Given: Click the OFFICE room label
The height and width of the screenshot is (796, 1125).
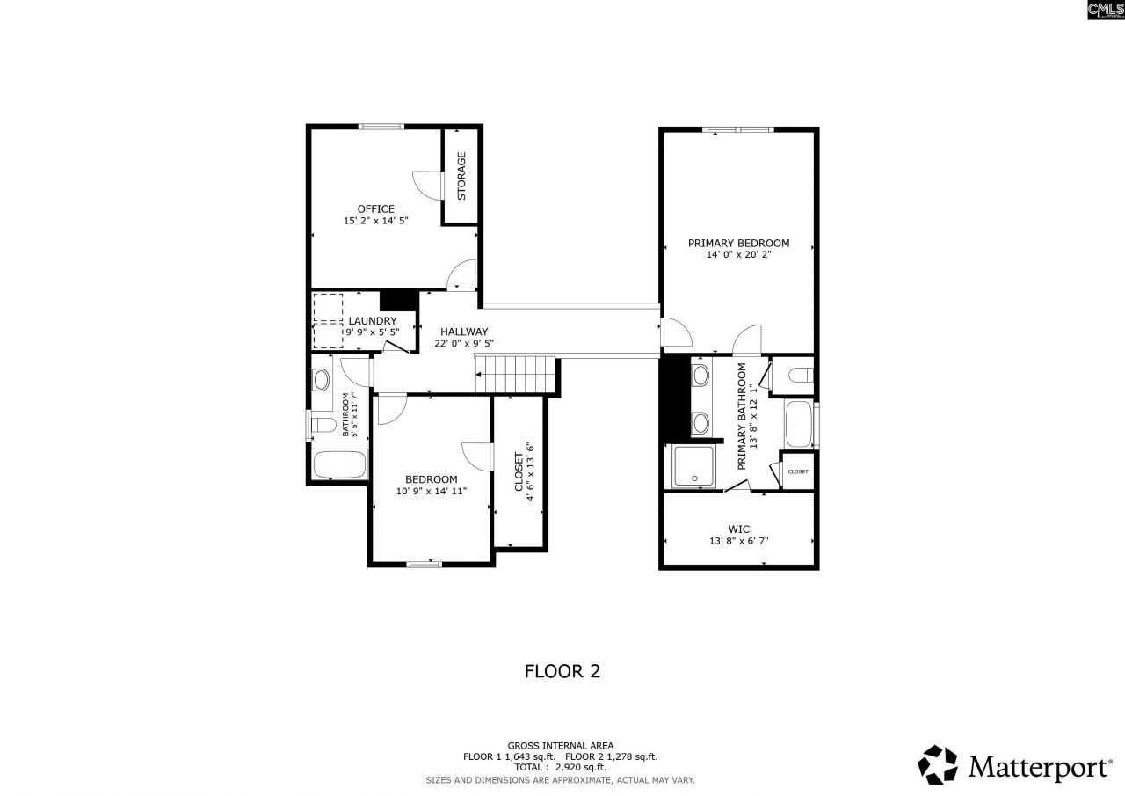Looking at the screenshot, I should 375,208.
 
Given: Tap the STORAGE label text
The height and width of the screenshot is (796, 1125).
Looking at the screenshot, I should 461,175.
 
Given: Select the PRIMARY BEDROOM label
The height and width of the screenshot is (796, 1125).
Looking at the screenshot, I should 738,243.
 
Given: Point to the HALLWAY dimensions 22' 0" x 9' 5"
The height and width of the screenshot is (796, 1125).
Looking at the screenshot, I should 464,344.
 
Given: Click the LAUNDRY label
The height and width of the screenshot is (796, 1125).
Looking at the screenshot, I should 372,321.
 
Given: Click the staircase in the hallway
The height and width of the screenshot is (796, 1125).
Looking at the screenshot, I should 516,375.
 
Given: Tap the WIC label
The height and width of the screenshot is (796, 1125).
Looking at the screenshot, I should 738,529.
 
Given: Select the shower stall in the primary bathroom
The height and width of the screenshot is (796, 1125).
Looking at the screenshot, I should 694,466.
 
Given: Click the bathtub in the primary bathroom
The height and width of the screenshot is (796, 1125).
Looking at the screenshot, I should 800,425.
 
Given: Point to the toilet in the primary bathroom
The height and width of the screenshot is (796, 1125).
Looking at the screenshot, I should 800,376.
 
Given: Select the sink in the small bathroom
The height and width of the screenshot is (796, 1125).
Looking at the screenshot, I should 321,381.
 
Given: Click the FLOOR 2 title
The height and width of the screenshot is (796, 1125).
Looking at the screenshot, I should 562,671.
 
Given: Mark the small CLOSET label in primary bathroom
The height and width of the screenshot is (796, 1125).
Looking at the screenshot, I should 798,471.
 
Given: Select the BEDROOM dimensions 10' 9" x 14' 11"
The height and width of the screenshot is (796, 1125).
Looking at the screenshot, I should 431,492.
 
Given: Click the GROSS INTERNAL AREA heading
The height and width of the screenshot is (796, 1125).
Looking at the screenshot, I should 561,745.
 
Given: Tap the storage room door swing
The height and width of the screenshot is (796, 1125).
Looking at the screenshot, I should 426,181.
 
